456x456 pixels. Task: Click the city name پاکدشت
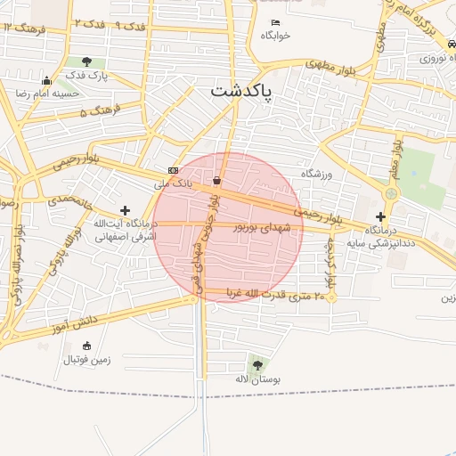(x=242, y=91)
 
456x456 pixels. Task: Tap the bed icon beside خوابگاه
(x=275, y=22)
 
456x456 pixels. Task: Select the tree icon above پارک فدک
(x=85, y=61)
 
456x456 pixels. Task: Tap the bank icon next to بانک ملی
(x=172, y=170)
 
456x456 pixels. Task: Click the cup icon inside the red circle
(x=216, y=180)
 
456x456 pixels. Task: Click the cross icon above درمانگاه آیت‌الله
(x=125, y=210)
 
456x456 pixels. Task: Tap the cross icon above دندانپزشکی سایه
(x=381, y=216)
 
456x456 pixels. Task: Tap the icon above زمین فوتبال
(x=86, y=346)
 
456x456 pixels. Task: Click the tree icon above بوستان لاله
(x=258, y=364)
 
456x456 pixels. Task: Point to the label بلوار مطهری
(x=330, y=64)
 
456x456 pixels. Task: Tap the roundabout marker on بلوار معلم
(x=390, y=193)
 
